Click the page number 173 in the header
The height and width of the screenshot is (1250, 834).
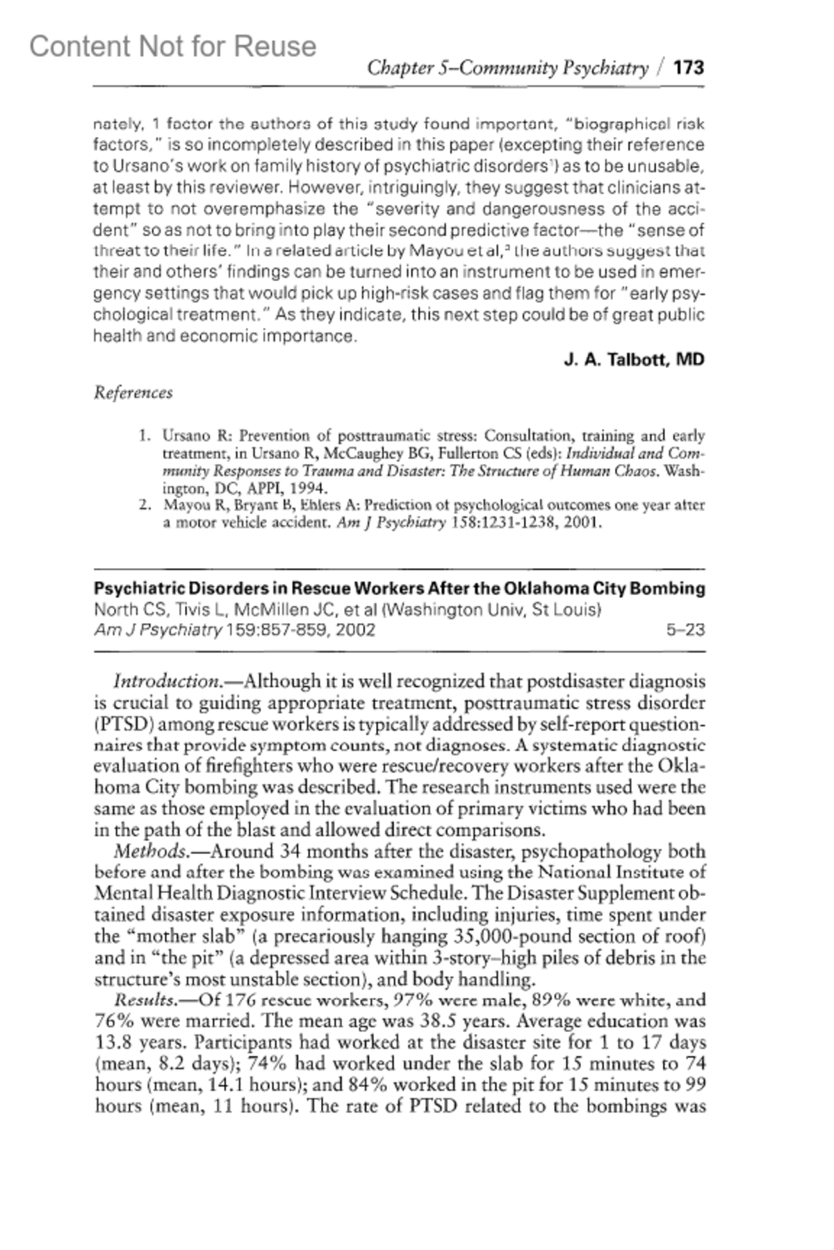point(689,68)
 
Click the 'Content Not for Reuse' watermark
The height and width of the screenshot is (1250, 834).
point(172,47)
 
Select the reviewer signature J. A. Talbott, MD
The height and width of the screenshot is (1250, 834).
point(634,360)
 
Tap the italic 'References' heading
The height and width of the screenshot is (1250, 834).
point(133,393)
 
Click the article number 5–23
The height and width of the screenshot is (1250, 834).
point(685,630)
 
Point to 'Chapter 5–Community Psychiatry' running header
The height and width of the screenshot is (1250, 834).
point(507,68)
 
